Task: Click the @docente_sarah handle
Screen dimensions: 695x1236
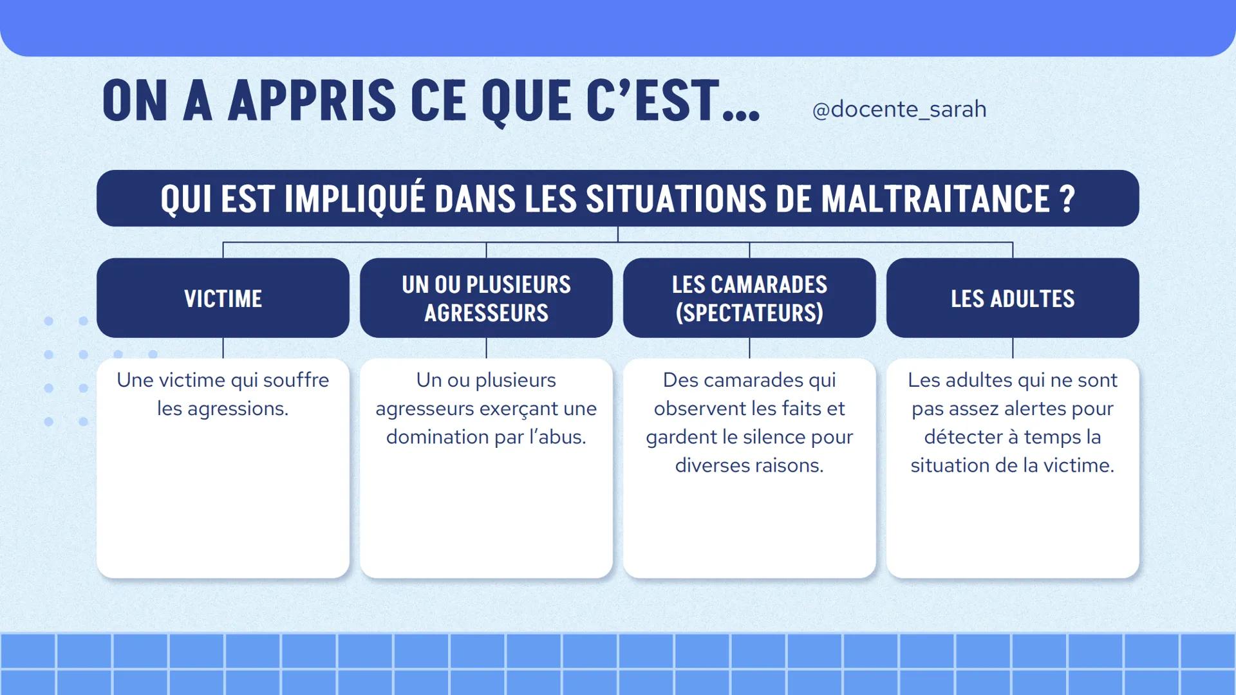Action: tap(899, 109)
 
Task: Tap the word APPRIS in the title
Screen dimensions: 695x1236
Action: tap(312, 100)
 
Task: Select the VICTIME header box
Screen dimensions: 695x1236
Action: tap(223, 298)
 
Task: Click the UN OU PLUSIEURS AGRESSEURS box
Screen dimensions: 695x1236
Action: tap(486, 298)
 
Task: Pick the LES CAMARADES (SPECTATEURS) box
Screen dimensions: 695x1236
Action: tap(749, 298)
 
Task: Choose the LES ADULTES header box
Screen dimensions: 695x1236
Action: tap(1013, 298)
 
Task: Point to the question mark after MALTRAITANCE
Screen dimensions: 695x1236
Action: tap(1067, 198)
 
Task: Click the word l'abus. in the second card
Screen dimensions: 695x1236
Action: tap(557, 437)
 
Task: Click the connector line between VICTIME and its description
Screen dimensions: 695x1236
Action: tap(223, 348)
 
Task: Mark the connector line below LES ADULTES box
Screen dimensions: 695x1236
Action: tap(1013, 348)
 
